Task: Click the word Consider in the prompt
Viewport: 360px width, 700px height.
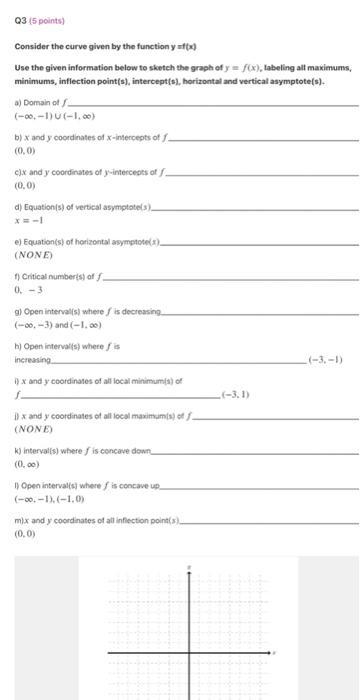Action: coord(32,46)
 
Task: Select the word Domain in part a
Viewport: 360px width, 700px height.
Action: coord(38,102)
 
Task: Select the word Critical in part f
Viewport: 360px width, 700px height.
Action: coord(36,283)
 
